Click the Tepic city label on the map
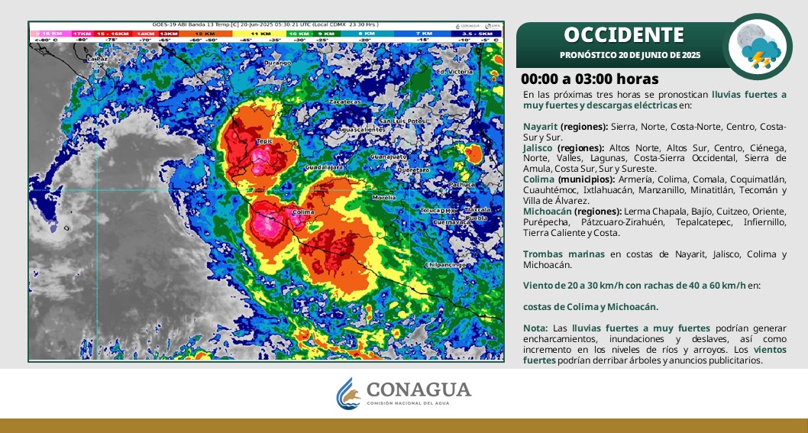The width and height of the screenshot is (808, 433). (x=264, y=141)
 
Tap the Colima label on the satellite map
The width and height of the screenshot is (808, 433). (x=303, y=212)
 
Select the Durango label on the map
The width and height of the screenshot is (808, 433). (x=277, y=63)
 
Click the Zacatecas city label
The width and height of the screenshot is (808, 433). (x=344, y=102)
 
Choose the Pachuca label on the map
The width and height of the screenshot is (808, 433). (x=461, y=184)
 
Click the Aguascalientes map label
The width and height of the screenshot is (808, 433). (x=361, y=130)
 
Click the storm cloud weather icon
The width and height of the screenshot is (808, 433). (x=758, y=47)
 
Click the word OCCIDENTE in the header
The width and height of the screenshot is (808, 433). (x=623, y=35)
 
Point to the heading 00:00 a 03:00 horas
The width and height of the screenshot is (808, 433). (x=589, y=79)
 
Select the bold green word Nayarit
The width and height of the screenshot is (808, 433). (x=540, y=126)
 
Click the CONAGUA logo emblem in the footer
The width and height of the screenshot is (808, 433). (x=349, y=393)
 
